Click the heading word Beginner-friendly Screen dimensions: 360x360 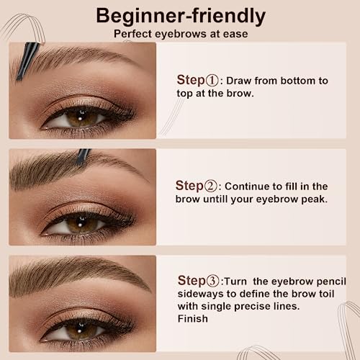(180, 15)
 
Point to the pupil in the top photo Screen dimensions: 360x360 (78, 115)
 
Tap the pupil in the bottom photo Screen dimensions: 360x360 (78, 330)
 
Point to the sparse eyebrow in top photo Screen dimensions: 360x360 (79, 58)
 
